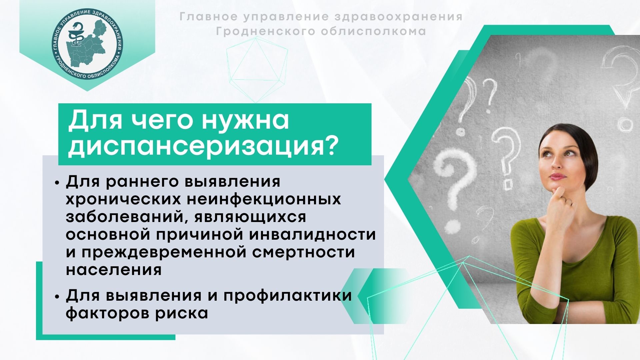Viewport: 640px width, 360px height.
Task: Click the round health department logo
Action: (87, 44)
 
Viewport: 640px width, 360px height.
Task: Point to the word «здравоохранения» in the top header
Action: (399, 17)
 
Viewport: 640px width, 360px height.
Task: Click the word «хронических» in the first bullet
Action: (124, 199)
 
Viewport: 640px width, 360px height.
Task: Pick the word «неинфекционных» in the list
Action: (264, 199)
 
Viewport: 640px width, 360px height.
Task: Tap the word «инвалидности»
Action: (313, 234)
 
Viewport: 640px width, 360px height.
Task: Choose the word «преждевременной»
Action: (164, 252)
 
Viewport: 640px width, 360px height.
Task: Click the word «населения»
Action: (114, 270)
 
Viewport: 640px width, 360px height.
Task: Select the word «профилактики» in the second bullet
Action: (288, 296)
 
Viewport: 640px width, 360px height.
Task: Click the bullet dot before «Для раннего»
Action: (57, 183)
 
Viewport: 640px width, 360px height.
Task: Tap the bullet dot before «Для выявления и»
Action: (57, 296)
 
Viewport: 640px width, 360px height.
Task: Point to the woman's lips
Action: (557, 176)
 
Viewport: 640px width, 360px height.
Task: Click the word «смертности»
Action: (303, 252)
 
